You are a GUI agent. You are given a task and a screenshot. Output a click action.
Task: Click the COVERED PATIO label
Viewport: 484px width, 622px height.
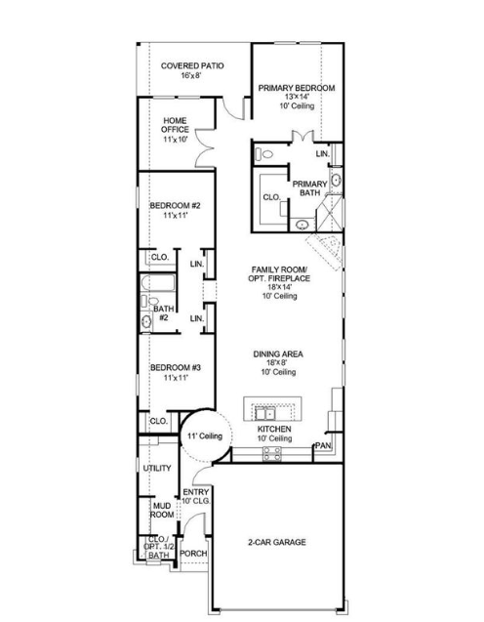(192, 65)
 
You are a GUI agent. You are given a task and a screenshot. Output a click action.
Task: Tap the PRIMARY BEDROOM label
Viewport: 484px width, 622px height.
(296, 88)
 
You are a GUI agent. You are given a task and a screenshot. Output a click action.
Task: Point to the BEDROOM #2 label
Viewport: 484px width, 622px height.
(175, 205)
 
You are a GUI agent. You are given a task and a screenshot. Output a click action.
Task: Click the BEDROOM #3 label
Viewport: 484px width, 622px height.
(175, 367)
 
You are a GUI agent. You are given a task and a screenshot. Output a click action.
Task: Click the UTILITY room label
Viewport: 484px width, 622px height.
(157, 469)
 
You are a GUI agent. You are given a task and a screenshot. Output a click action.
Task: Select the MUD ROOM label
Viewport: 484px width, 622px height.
(162, 509)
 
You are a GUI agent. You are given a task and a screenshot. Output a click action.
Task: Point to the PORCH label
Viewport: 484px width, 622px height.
(193, 553)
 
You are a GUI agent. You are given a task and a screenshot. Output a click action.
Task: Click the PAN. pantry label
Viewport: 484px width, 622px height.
(322, 447)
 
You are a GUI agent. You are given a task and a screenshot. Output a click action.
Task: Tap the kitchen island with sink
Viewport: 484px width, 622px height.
(274, 408)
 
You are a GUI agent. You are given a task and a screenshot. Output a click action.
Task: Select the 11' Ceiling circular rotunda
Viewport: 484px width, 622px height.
(205, 435)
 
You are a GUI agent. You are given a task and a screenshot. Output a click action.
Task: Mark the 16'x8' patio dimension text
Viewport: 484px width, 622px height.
(192, 76)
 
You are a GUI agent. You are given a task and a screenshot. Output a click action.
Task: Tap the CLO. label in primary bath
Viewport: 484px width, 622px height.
(271, 197)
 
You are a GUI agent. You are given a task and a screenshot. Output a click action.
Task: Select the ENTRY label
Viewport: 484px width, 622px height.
(196, 491)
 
